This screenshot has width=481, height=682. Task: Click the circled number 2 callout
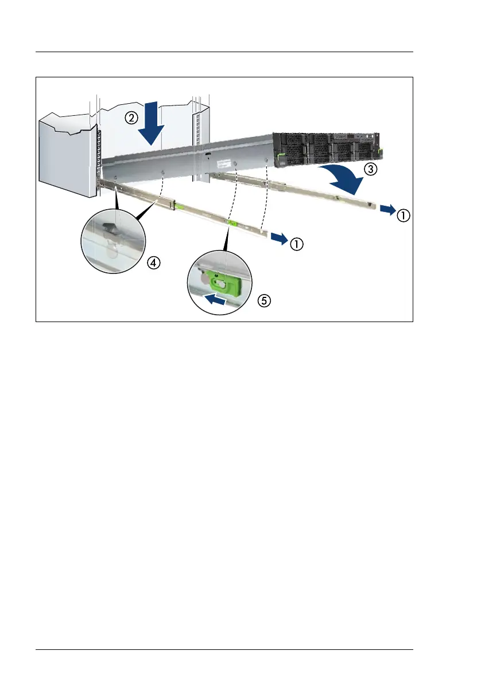click(132, 118)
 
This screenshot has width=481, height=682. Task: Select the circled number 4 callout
click(152, 262)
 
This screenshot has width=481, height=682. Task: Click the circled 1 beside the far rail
click(405, 215)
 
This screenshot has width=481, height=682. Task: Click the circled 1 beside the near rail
click(296, 244)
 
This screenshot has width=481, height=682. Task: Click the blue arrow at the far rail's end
click(387, 211)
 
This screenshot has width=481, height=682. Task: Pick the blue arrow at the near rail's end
click(280, 238)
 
